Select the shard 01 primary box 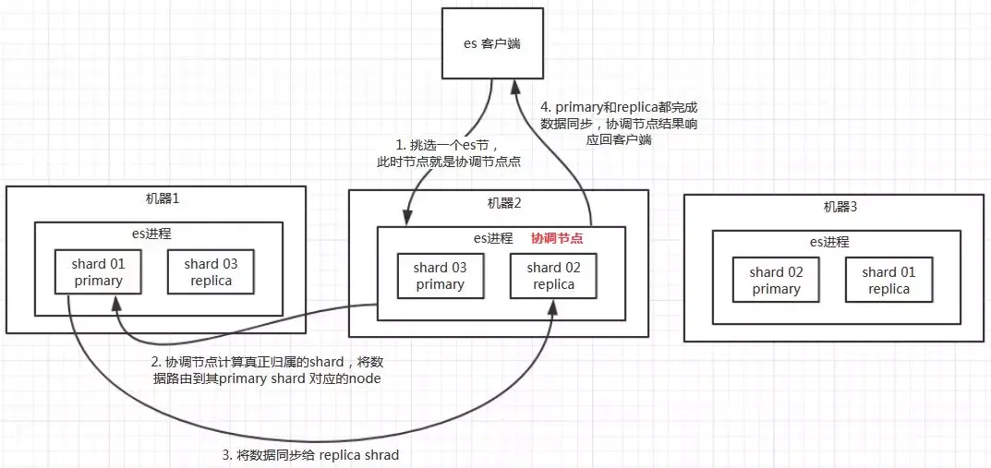coord(98,272)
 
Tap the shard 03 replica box coord(211,272)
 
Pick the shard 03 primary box coord(440,275)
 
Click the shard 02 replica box coord(551,275)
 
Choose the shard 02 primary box coord(776,280)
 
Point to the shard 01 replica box coord(888,280)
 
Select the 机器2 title coord(498,203)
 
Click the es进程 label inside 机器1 coord(158,233)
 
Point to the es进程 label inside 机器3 coord(836,242)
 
